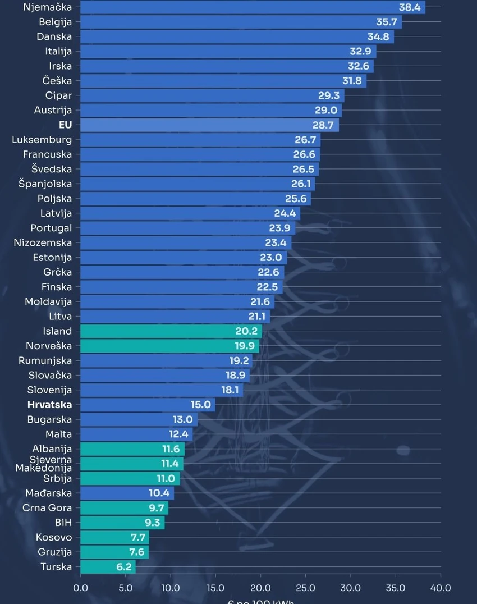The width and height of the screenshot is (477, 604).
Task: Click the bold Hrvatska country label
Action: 49,405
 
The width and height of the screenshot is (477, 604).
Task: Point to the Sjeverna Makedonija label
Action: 44,464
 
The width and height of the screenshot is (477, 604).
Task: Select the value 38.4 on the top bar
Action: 410,8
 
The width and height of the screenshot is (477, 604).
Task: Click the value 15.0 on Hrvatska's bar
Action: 200,405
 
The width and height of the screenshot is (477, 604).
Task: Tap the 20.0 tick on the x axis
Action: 260,588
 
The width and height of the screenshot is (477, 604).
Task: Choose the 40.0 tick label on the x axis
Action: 440,588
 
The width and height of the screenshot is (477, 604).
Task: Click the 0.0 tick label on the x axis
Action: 81,588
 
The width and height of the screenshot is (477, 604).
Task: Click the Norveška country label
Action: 49,346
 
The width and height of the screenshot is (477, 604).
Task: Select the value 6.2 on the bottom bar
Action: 124,567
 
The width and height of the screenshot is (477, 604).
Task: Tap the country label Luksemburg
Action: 42,140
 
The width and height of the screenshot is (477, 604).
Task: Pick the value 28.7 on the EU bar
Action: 323,125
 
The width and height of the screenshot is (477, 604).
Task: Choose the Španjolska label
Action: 45,184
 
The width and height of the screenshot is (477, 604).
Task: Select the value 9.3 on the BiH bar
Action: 152,523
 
